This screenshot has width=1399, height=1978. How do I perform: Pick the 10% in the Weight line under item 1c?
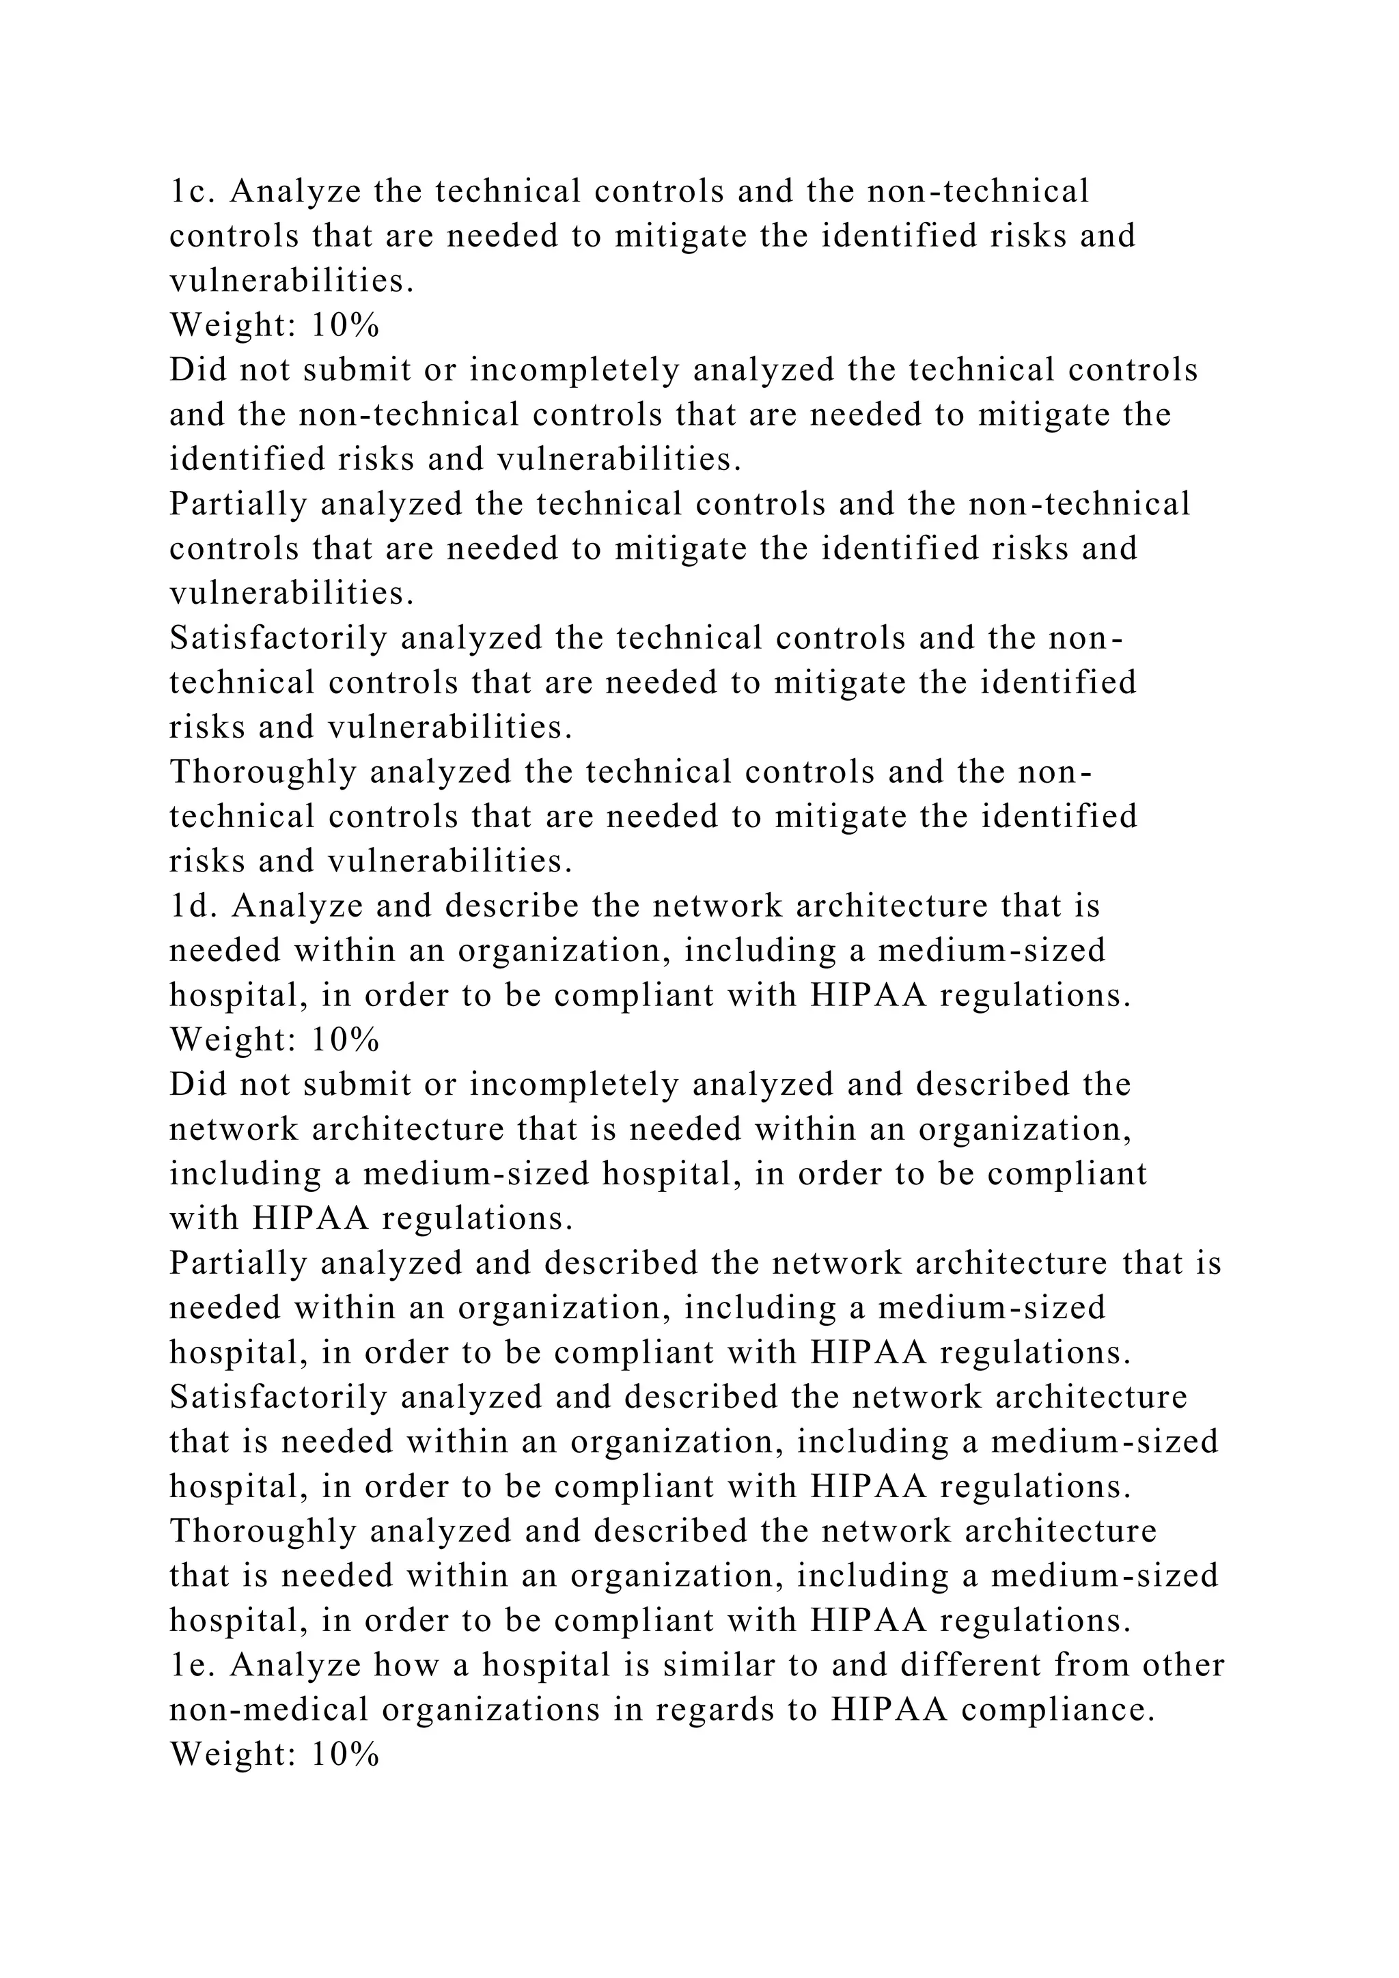(x=346, y=326)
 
